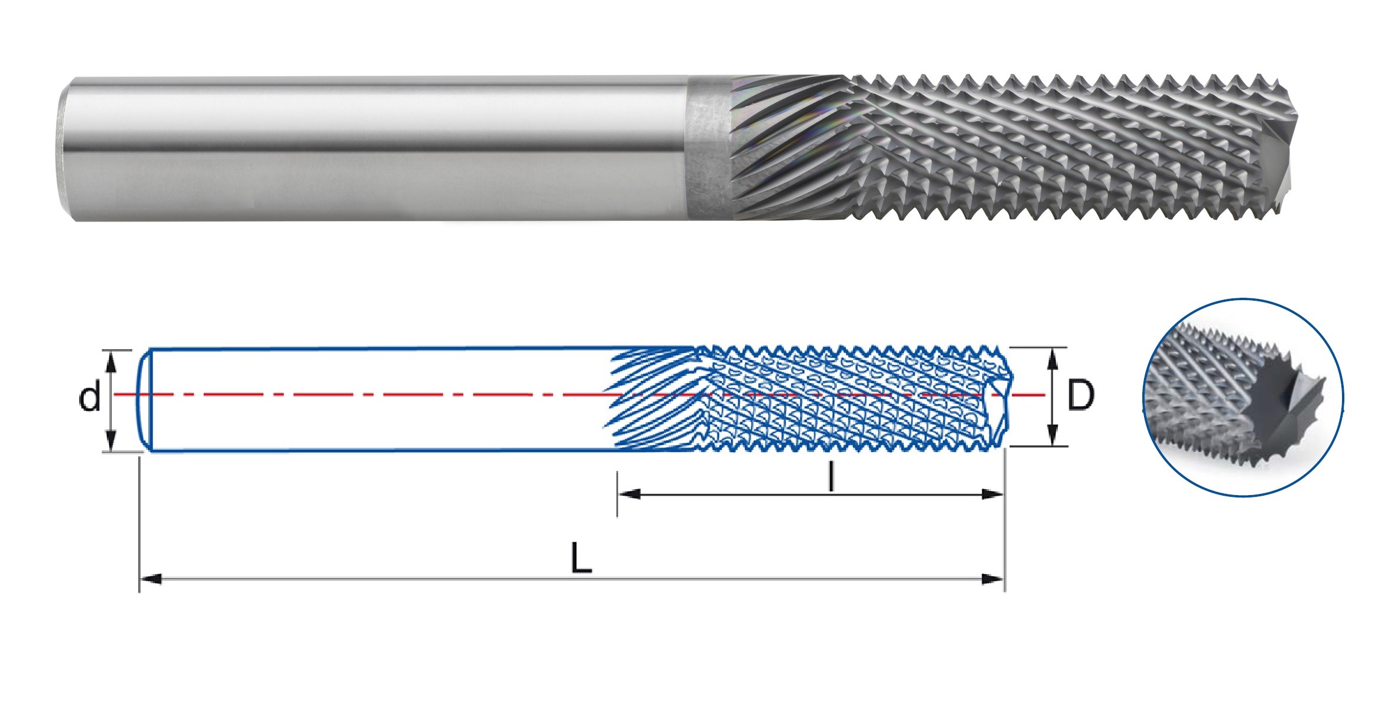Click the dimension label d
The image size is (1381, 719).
point(90,396)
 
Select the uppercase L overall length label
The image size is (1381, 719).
point(581,558)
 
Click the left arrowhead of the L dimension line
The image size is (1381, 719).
point(151,579)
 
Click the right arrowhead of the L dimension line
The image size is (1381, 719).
point(993,579)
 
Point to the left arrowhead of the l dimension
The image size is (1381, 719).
point(629,494)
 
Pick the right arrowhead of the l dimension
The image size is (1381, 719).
point(993,494)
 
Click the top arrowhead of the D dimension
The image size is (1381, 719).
point(1052,357)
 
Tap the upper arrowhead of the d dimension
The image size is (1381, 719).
point(111,360)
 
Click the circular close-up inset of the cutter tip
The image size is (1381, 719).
point(1243,397)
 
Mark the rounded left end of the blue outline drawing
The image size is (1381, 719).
point(143,401)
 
